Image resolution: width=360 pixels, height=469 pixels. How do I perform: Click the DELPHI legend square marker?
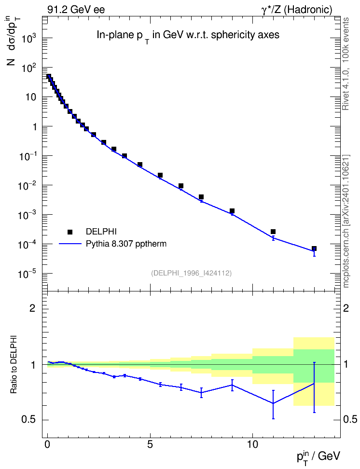[x=70, y=232]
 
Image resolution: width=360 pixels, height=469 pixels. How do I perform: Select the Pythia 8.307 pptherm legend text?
[x=126, y=244]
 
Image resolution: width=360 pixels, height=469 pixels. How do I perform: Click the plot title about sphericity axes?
[x=188, y=36]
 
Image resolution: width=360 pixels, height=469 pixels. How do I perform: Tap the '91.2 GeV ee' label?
[x=76, y=10]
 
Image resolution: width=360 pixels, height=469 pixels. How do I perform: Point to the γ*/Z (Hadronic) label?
[x=297, y=10]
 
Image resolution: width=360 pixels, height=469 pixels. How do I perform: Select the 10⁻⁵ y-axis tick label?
[x=27, y=274]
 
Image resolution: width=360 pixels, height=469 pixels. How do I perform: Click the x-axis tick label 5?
[x=150, y=444]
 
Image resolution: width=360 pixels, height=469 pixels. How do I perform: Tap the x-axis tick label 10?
[x=252, y=444]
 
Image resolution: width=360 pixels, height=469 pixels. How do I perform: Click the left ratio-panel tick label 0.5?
[x=29, y=420]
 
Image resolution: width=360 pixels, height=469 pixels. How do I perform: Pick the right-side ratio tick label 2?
[x=346, y=308]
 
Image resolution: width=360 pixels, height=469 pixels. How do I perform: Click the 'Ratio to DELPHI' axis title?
[x=14, y=364]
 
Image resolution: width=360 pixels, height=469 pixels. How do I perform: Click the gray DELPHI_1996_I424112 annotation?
[x=192, y=273]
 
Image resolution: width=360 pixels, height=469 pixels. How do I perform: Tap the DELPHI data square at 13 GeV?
[x=314, y=248]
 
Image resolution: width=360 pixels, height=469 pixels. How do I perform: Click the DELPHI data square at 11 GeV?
[x=273, y=232]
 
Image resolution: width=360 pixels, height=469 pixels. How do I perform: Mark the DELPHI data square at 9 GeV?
[x=232, y=211]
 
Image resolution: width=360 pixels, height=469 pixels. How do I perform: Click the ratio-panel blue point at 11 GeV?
[x=273, y=403]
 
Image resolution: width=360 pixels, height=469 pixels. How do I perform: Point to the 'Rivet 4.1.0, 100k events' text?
[x=346, y=64]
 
